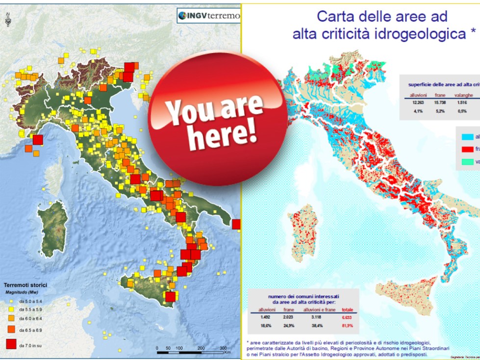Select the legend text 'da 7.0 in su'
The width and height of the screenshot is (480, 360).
(x=30, y=346)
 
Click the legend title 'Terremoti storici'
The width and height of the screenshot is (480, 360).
(x=26, y=285)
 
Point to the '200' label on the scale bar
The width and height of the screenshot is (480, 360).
(x=201, y=348)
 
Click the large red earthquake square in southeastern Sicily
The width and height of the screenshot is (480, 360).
(x=170, y=297)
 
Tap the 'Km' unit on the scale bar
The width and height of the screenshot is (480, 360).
(x=227, y=352)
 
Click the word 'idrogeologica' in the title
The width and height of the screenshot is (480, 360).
(x=422, y=34)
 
